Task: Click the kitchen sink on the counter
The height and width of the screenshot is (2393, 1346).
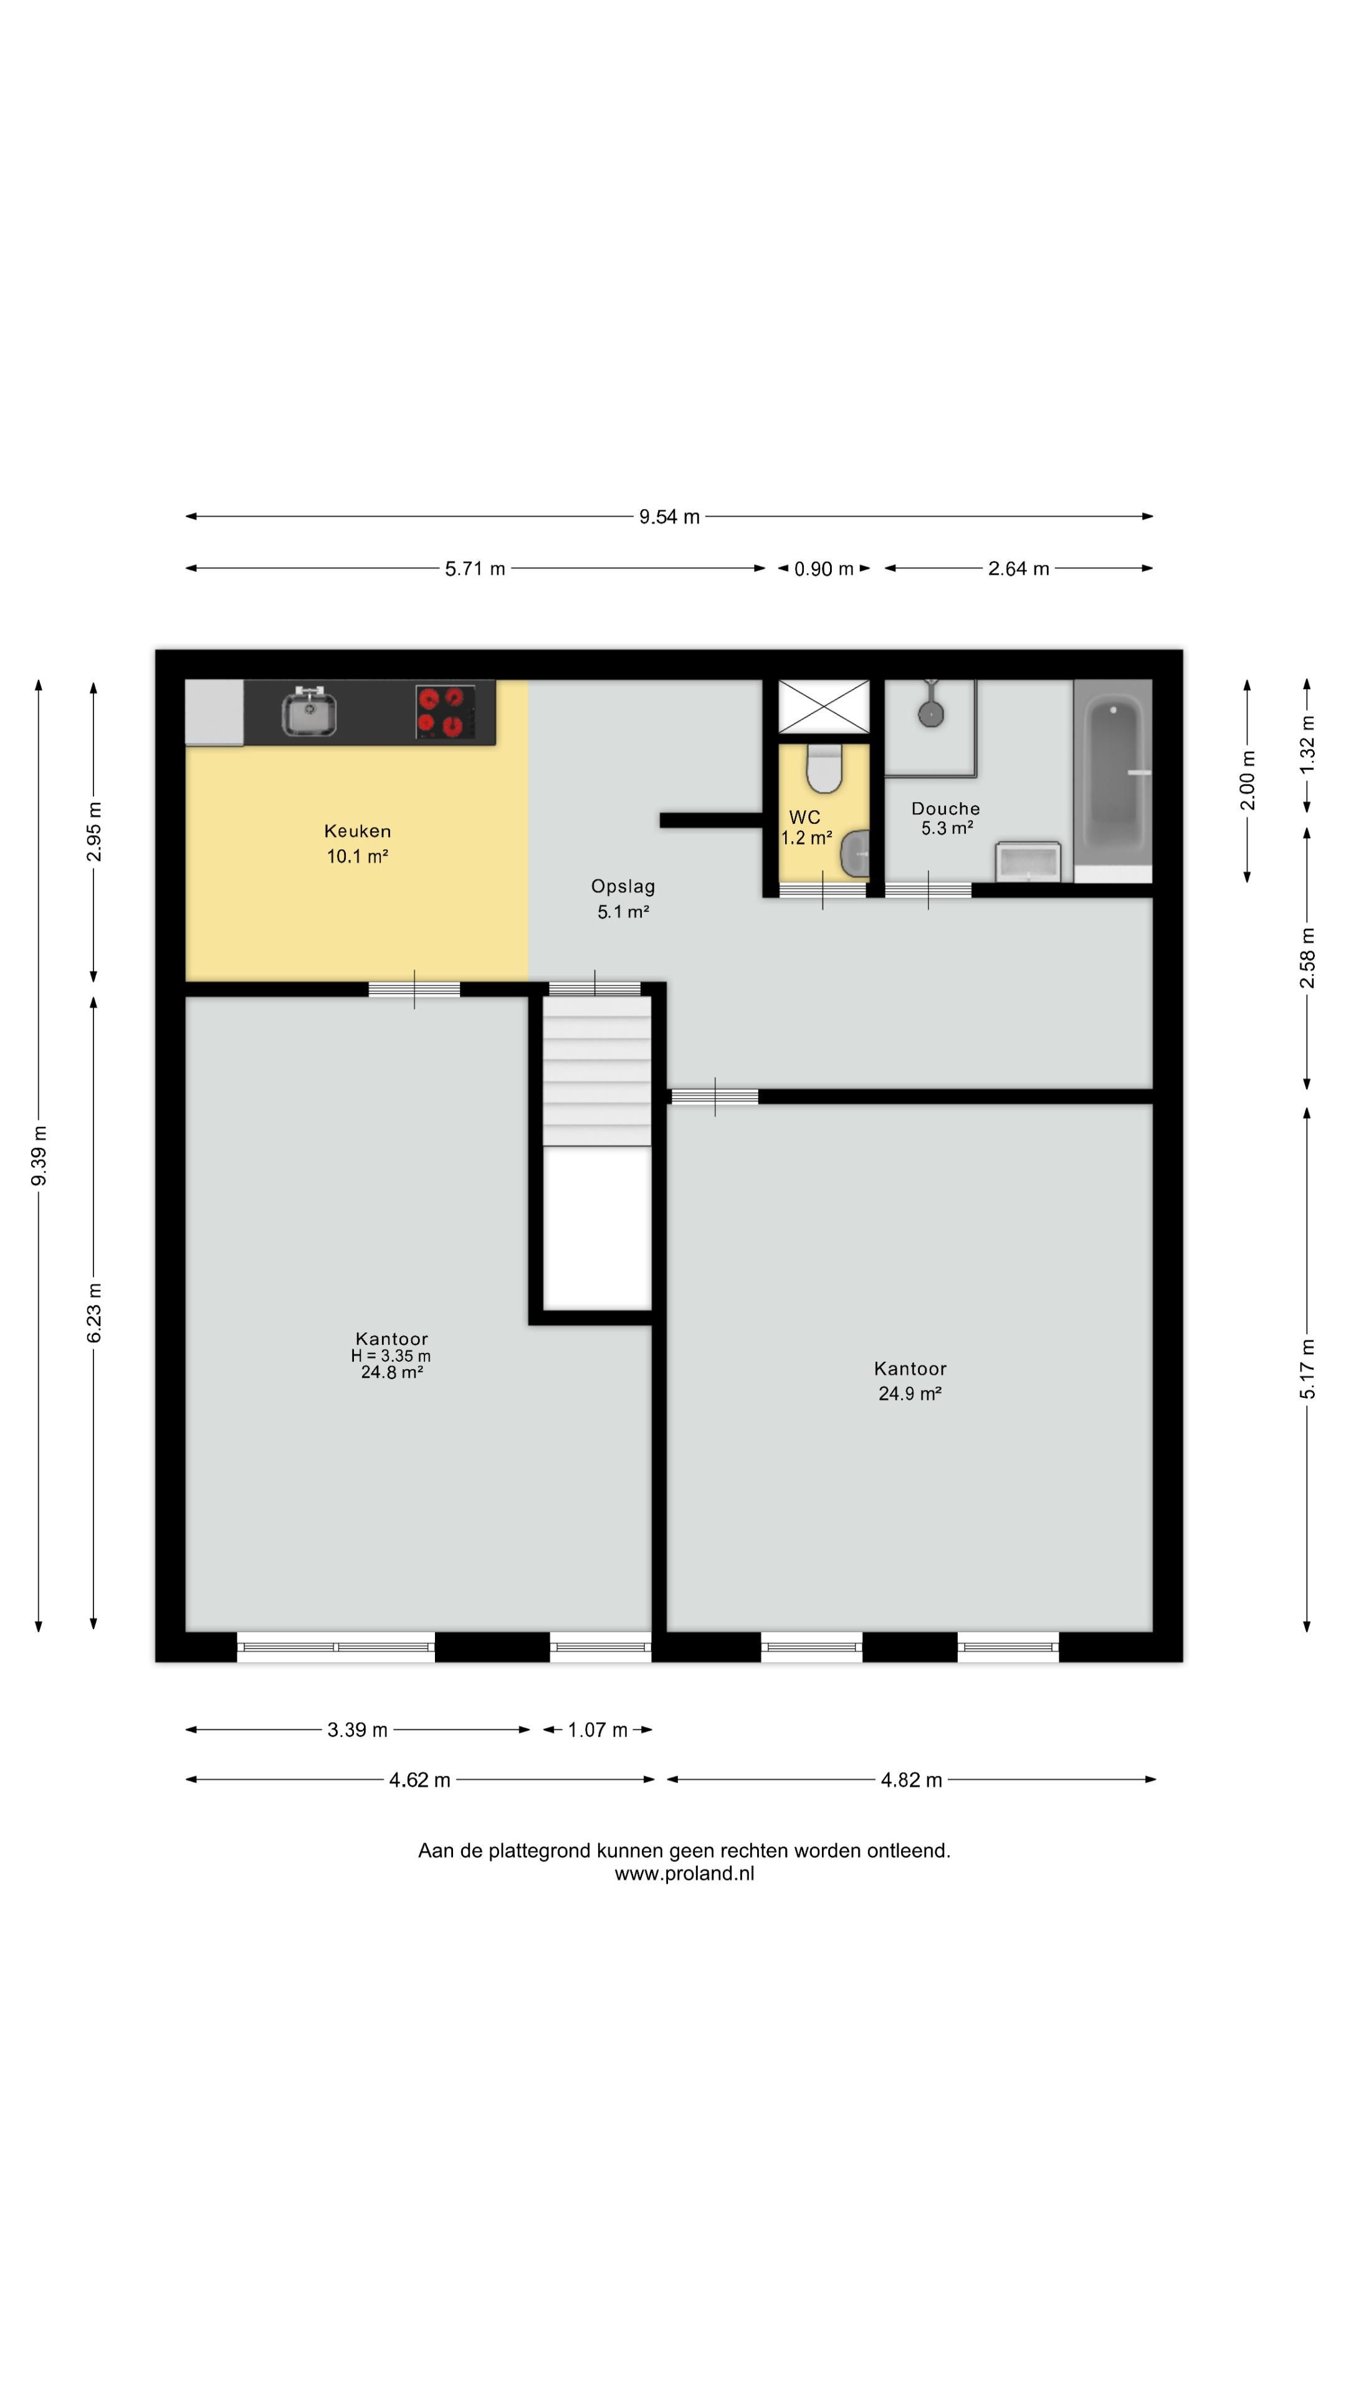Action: (308, 712)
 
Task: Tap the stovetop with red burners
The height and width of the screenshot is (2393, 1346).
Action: (444, 712)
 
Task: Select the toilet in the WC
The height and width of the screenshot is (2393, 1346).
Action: (823, 767)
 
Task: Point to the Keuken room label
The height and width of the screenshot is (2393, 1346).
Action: (358, 831)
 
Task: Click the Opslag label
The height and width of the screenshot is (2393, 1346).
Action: (623, 886)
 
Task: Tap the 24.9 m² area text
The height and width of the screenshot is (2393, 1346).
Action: (910, 1393)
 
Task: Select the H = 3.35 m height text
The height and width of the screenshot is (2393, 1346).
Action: (391, 1356)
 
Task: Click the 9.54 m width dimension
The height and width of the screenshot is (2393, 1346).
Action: (669, 517)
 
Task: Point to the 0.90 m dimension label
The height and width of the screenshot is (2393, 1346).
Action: (824, 568)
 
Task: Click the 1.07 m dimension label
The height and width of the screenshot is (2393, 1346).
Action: (598, 1730)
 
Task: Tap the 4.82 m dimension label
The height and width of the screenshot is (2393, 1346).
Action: (911, 1780)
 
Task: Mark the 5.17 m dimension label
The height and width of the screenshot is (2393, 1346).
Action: (1307, 1369)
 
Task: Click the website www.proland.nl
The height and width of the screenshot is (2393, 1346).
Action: (685, 1874)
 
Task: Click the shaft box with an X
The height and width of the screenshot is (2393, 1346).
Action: (823, 707)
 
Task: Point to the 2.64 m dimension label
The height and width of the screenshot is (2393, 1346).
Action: (1019, 568)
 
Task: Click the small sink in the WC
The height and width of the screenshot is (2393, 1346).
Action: (856, 854)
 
